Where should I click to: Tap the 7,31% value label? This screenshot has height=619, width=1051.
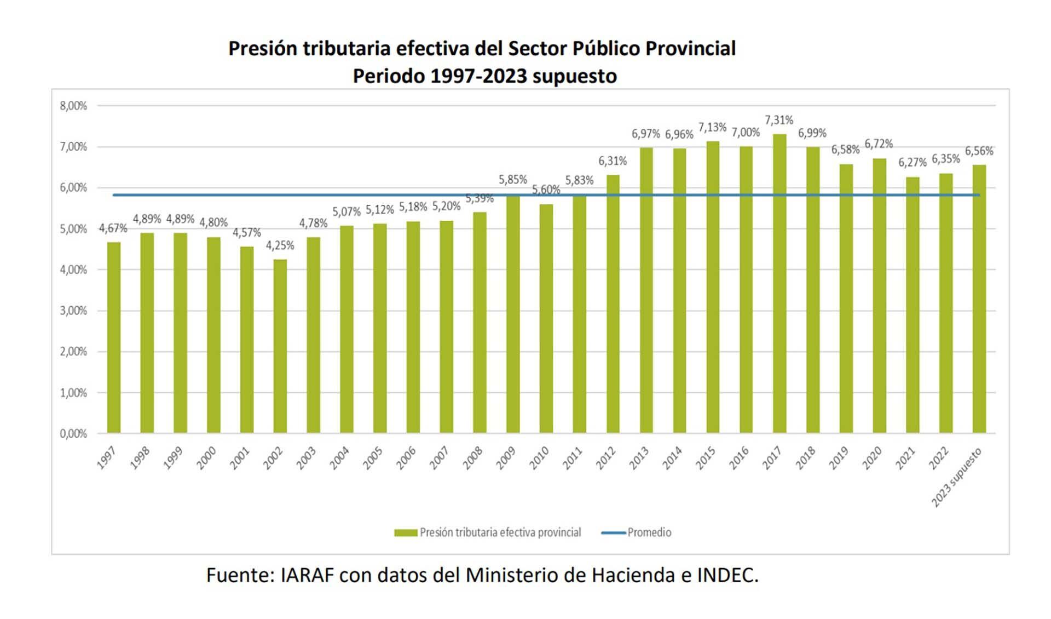pos(778,120)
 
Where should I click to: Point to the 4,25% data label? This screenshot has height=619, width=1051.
pos(280,245)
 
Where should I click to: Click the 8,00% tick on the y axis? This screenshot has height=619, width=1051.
pos(73,106)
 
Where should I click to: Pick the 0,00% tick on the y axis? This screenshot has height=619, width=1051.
pos(73,434)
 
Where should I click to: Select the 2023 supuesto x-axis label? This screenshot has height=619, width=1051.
pos(957,477)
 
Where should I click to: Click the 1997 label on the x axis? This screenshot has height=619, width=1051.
pos(106,458)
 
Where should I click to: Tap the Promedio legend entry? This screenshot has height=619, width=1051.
pos(649,532)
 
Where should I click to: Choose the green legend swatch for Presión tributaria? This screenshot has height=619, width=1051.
pos(406,532)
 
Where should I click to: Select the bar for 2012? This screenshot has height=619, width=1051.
pos(613,304)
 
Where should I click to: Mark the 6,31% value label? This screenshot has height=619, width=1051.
pos(612,161)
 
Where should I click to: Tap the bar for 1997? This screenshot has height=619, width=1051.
pos(113,337)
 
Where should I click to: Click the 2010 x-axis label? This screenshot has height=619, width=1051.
pos(539,458)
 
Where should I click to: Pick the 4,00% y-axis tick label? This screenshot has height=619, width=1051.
pos(73,270)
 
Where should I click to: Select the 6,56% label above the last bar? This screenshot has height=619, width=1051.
pos(979,151)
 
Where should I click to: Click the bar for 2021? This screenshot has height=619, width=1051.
pos(913,305)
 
